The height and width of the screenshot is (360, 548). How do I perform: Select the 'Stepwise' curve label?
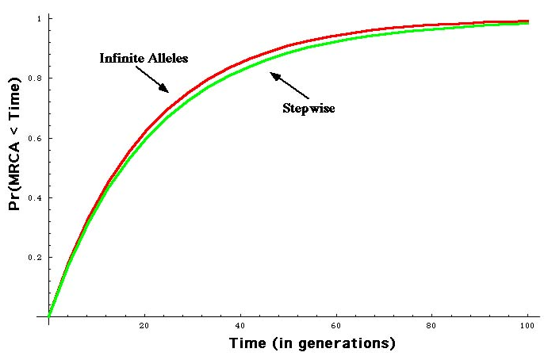tap(308, 108)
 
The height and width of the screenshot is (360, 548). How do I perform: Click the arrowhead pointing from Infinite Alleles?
tap(165, 90)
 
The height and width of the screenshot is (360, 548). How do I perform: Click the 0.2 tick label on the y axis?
tap(35, 258)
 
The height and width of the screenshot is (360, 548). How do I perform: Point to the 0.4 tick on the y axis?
tap(35, 197)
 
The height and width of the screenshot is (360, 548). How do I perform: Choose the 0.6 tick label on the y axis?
tap(35, 138)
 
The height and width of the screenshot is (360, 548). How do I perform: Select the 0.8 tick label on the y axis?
tap(35, 78)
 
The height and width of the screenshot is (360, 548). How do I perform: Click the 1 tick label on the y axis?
tap(40, 18)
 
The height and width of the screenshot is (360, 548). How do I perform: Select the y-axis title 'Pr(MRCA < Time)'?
tap(14, 166)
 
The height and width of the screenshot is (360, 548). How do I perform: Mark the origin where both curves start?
tap(49, 316)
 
